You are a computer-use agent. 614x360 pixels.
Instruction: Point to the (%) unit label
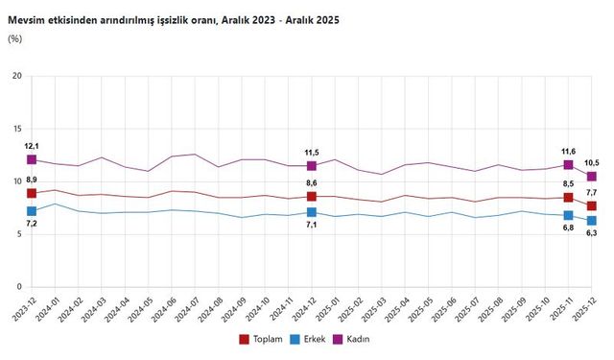14,38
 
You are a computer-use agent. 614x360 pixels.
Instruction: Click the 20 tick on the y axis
16,76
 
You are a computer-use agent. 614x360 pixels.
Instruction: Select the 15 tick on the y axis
16,129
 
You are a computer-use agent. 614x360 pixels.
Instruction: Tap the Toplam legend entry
261,339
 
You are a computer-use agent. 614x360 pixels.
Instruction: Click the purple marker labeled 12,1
32,159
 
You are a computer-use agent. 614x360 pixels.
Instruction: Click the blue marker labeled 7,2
32,211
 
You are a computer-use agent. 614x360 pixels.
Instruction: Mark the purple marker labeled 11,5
312,166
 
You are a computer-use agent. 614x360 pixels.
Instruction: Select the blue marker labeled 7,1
312,212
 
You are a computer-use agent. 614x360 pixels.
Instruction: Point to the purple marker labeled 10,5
592,177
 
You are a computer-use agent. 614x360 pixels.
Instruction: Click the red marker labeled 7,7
592,205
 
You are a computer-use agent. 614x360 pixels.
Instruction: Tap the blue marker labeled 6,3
592,221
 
